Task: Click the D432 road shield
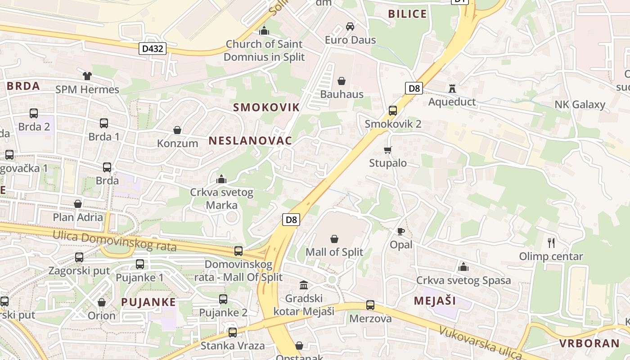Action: coord(152,48)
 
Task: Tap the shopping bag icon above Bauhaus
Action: coord(342,81)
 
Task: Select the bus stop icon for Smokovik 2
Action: coord(392,110)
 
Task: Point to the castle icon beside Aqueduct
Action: coord(452,89)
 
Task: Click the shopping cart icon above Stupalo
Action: coord(387,150)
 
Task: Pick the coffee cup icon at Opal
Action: coord(400,232)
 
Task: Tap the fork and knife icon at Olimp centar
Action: coord(551,243)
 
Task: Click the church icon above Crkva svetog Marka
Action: coord(221,180)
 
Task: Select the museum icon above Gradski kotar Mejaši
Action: coord(304,285)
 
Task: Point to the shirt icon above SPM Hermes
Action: coord(87,76)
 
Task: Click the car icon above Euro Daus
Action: coord(350,27)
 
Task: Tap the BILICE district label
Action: coord(407,14)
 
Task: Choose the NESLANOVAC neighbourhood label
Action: coord(250,140)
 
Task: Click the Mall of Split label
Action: coord(334,252)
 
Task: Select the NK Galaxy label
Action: coord(580,105)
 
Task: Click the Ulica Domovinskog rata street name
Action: coord(114,241)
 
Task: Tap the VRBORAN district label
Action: coord(589,343)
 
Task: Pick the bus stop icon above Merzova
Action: coord(370,305)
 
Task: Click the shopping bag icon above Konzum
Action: coord(177,130)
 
